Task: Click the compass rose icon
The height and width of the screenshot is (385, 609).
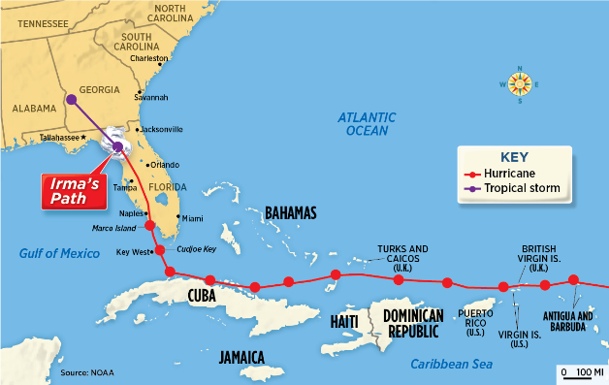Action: tap(519, 84)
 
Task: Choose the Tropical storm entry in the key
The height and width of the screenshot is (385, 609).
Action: tap(518, 187)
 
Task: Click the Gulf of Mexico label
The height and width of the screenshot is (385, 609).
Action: tap(60, 254)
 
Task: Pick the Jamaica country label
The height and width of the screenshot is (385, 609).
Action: tap(241, 357)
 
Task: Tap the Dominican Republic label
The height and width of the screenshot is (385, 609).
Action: tap(413, 322)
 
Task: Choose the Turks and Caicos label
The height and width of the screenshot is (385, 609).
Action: tap(403, 254)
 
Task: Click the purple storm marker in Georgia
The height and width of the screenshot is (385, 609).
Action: tap(71, 99)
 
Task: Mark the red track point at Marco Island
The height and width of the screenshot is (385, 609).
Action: tap(149, 226)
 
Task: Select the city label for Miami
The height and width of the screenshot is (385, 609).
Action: tap(193, 218)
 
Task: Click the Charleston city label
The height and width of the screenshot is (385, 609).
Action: tap(148, 58)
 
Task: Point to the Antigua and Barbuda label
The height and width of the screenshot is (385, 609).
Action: tap(568, 321)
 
